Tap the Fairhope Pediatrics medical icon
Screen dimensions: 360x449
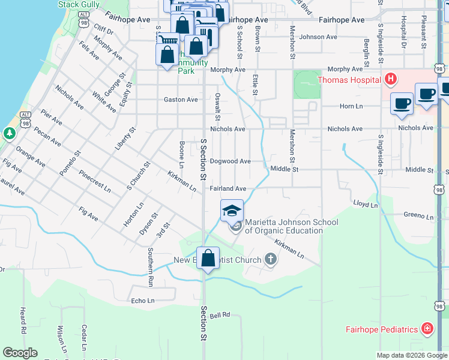[427, 329]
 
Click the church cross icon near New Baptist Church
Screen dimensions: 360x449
[271, 260]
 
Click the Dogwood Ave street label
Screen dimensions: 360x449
[231, 161]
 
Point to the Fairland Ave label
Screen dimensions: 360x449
[228, 188]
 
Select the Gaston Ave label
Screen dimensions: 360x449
[181, 100]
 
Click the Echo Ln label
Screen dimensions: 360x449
[142, 301]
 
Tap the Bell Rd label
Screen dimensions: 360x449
[220, 315]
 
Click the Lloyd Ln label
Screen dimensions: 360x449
[365, 205]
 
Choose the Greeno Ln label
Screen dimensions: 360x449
[418, 215]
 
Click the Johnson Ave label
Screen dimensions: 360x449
[319, 37]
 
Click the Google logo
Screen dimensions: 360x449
[20, 353]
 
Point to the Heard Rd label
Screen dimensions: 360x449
[23, 321]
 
